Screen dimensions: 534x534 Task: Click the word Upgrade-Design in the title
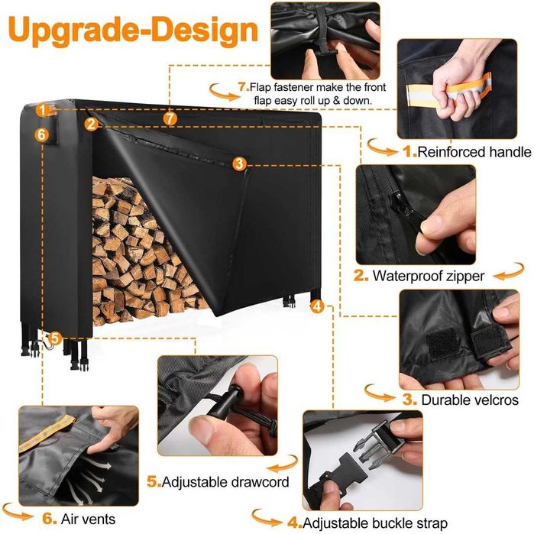click(x=133, y=30)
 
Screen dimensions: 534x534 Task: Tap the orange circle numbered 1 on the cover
click(x=43, y=110)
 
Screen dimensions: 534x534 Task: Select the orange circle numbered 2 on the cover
click(x=91, y=125)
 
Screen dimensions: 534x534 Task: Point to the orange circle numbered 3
click(x=239, y=163)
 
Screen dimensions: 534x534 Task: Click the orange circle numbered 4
click(x=317, y=306)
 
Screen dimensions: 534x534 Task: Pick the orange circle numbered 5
click(x=55, y=338)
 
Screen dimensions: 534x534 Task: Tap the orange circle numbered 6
click(x=41, y=134)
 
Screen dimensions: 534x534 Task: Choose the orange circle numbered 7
click(x=170, y=118)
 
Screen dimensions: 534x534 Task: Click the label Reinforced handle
click(x=474, y=152)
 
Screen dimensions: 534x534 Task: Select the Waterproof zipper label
click(x=429, y=276)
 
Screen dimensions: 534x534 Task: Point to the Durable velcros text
click(x=470, y=400)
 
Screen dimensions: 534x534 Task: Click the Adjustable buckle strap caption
click(x=375, y=523)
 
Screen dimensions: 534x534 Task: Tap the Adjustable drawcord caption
click(x=225, y=482)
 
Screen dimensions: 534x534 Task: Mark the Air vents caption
click(x=88, y=519)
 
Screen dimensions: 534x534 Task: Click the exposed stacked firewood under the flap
click(x=136, y=252)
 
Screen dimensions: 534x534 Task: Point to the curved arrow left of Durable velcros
click(x=380, y=393)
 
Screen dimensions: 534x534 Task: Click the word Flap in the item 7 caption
click(x=261, y=88)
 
